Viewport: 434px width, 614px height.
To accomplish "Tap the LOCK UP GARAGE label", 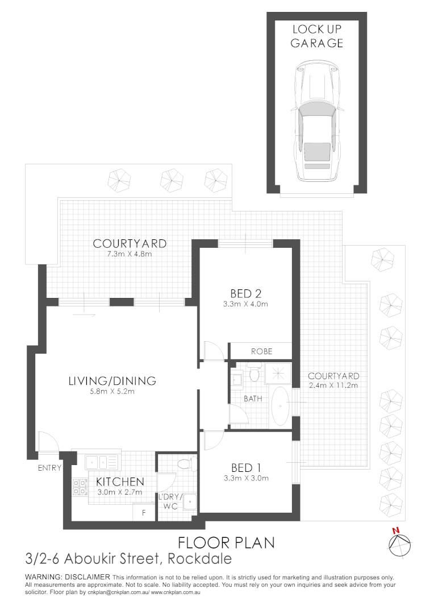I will point(316,36).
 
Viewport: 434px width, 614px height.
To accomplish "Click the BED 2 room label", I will point(245,293).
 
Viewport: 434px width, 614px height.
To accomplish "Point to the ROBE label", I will point(261,351).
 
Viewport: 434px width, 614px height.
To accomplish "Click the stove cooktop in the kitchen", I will point(79,486).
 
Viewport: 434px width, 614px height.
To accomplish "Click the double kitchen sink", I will point(102,461).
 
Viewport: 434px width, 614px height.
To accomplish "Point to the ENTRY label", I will point(50,468).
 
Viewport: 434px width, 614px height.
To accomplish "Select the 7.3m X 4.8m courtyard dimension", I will point(130,254).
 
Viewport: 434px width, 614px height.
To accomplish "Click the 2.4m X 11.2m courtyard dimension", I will point(333,385).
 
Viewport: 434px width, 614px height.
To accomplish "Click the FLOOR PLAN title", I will point(226,542).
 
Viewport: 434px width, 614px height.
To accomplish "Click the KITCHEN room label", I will point(120,482).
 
